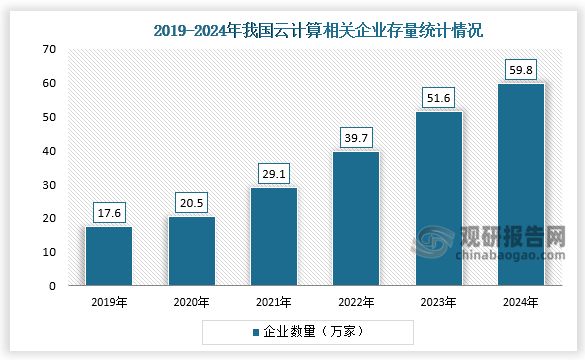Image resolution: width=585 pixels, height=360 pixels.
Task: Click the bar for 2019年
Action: [108, 256]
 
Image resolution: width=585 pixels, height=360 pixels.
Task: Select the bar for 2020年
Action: [190, 251]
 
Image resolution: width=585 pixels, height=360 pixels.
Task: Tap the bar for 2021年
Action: [273, 237]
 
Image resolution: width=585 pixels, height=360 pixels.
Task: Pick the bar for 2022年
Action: [355, 219]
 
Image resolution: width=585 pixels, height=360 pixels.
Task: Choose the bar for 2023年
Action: [438, 199]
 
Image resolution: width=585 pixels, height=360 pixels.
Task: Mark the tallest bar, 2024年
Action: [520, 185]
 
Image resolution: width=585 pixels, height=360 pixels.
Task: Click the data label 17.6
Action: [108, 212]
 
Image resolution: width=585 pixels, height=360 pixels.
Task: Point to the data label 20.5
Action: [190, 202]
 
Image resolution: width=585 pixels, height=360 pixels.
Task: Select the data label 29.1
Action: [273, 173]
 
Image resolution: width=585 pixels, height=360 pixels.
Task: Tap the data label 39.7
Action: [355, 137]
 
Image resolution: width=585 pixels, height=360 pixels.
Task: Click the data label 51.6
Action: [438, 97]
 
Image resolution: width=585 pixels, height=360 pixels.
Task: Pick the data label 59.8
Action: [520, 69]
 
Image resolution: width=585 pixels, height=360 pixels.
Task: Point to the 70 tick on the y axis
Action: [49, 49]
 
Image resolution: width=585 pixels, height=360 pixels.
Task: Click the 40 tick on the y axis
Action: [49, 151]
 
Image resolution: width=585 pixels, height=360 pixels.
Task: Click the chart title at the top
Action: [319, 31]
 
